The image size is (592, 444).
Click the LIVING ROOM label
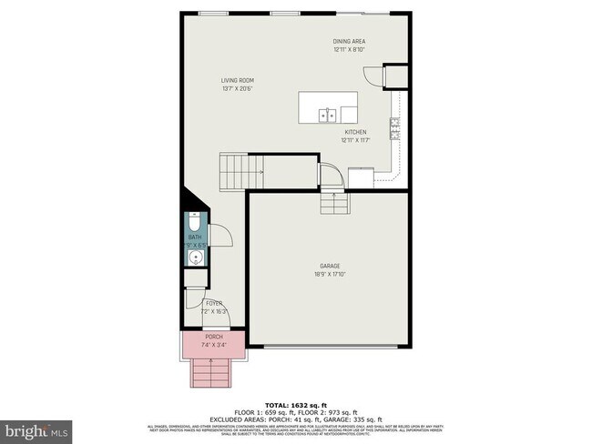pos(236,79)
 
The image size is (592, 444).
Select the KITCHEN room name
pos(354,132)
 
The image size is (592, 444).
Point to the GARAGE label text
pos(330,266)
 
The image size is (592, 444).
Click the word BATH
pos(194,237)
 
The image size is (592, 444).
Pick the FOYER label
pos(214,303)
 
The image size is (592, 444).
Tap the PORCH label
pos(213,338)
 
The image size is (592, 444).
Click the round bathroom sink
pos(193,258)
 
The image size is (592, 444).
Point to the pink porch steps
pos(213,370)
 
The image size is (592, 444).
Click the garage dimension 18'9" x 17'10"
pos(330,274)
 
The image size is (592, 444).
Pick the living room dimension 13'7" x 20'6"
pos(236,88)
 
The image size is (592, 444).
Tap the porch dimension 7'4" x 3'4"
pos(213,345)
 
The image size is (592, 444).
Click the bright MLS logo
pos(36,428)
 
